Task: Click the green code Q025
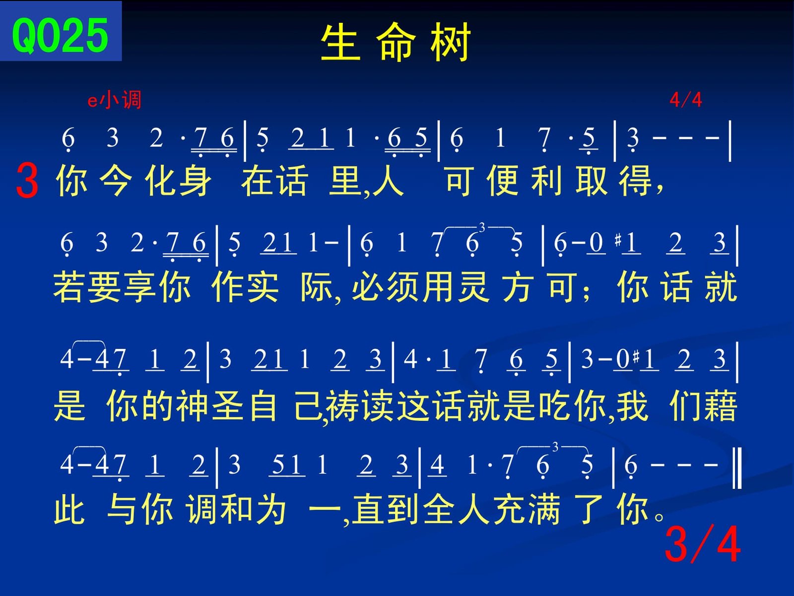pos(60,35)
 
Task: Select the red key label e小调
pos(114,100)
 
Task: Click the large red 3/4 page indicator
pos(703,544)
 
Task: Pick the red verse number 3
pos(27,180)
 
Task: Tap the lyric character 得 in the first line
pos(635,181)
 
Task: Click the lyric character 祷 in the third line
pos(342,406)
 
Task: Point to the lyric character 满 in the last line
pos(544,510)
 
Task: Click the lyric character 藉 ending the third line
pos(721,406)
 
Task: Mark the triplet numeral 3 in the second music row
pos(482,227)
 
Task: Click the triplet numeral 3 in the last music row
pos(555,447)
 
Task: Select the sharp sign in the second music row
pos(618,240)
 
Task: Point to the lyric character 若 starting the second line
pos(68,287)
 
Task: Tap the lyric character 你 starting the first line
pos(71,181)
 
